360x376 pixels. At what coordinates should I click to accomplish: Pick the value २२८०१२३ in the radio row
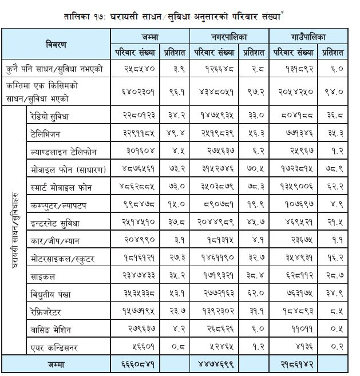tap(136, 115)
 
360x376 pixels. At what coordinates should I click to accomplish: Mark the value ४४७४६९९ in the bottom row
tap(215, 365)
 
